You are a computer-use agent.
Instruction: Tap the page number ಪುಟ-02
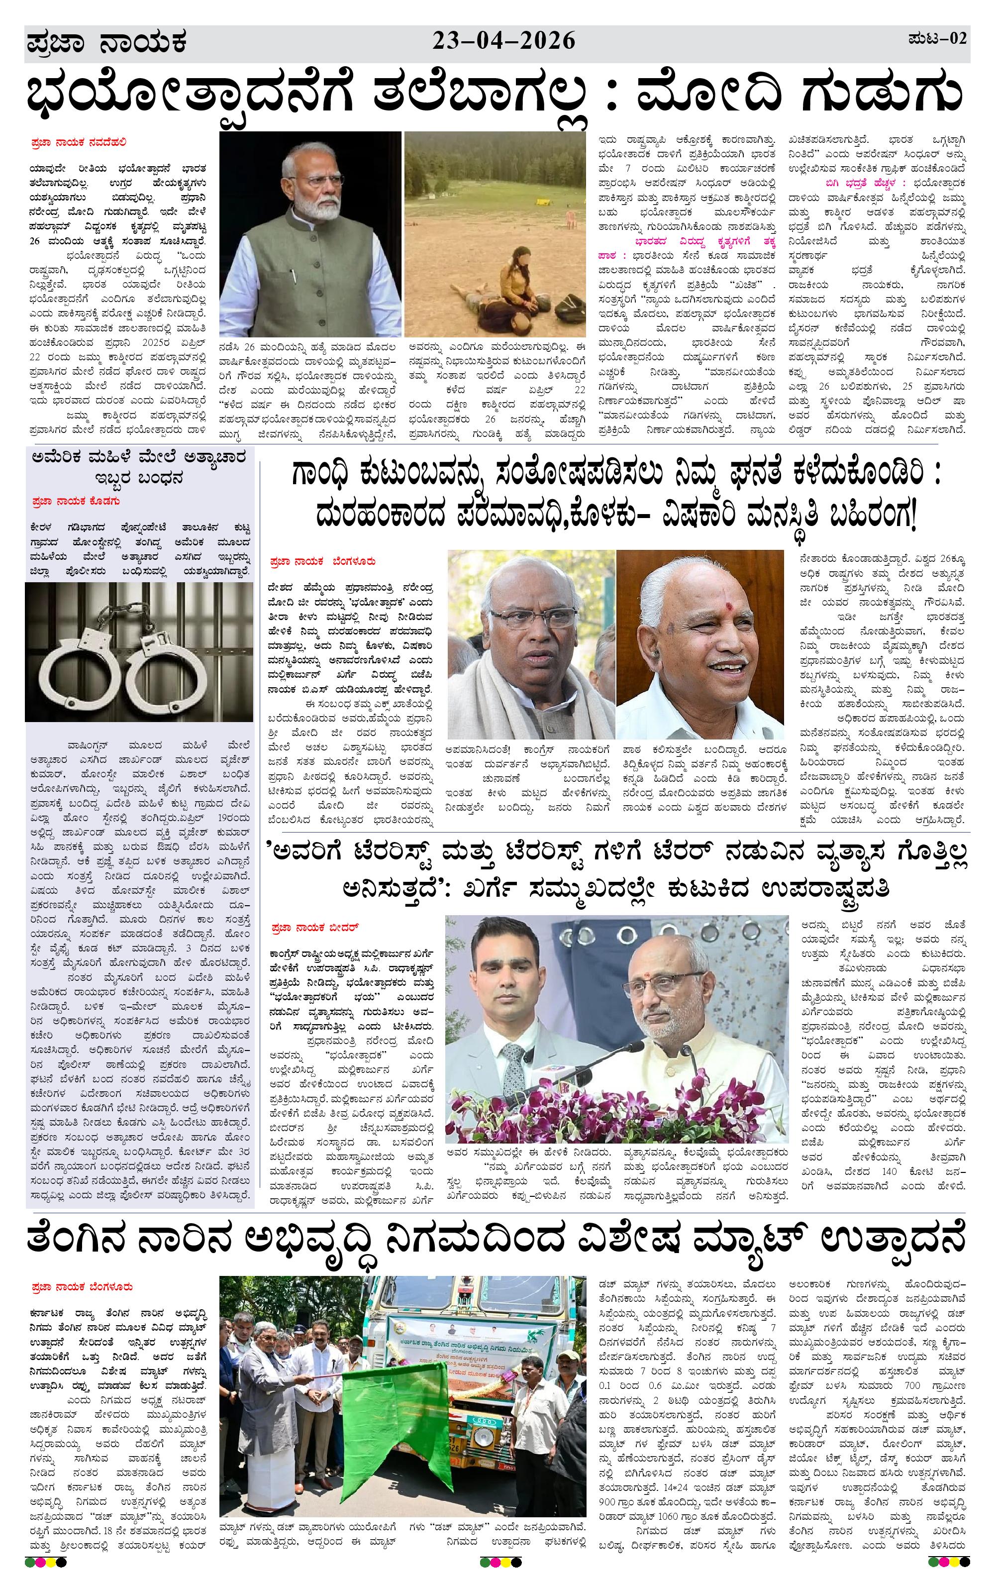(937, 39)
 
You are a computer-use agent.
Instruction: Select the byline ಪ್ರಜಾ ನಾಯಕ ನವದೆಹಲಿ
(78, 142)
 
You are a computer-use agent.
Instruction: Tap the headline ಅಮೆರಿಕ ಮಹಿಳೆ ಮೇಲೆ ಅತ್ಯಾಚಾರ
(139, 458)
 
